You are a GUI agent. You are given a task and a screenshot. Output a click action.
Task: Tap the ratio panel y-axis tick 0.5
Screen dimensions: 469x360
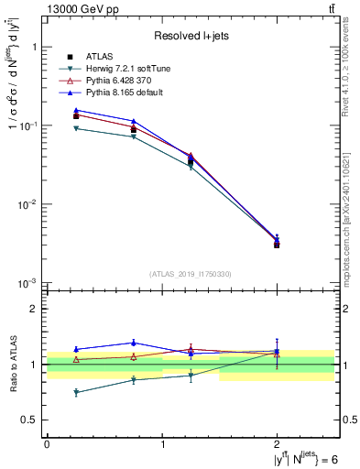tap(32, 420)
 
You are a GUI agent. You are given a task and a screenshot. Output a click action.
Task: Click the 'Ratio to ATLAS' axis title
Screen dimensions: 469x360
tap(12, 364)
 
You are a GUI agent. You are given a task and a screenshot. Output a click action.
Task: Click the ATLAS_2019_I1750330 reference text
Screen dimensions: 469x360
tap(191, 274)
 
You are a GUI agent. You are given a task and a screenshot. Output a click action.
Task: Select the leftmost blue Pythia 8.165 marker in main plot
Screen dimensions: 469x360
tap(76, 110)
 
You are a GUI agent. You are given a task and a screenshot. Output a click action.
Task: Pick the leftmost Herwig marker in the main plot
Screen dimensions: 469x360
tap(76, 128)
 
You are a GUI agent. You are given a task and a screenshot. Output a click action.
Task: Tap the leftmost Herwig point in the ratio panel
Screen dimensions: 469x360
tap(76, 392)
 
